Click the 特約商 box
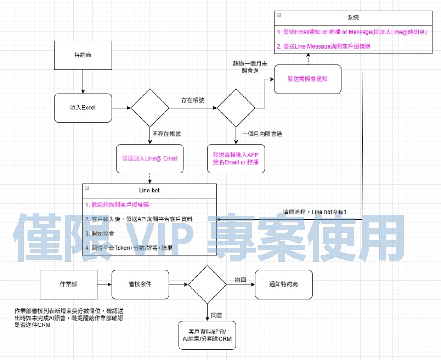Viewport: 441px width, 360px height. (x=82, y=55)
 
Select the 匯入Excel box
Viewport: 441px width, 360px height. (x=82, y=108)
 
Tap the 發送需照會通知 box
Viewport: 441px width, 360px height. (x=307, y=79)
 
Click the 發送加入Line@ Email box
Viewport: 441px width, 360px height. (x=150, y=158)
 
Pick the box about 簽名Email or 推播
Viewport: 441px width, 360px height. (x=235, y=158)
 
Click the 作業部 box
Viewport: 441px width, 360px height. (x=68, y=284)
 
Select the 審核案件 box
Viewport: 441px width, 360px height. (x=140, y=284)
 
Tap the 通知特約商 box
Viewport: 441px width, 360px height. (x=284, y=284)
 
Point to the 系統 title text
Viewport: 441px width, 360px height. (x=353, y=18)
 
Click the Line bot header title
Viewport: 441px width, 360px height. (x=149, y=191)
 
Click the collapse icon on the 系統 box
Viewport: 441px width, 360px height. (x=278, y=15)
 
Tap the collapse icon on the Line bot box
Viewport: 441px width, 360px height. (x=87, y=188)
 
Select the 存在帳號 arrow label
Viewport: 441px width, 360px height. (x=193, y=101)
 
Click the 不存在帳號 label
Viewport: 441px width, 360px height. (x=166, y=134)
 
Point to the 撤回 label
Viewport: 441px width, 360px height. (x=240, y=280)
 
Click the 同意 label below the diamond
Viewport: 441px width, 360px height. (x=217, y=315)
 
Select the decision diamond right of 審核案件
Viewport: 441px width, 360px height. (x=207, y=284)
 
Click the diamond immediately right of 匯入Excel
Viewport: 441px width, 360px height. (x=150, y=108)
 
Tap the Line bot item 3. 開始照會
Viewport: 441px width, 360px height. (x=100, y=233)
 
